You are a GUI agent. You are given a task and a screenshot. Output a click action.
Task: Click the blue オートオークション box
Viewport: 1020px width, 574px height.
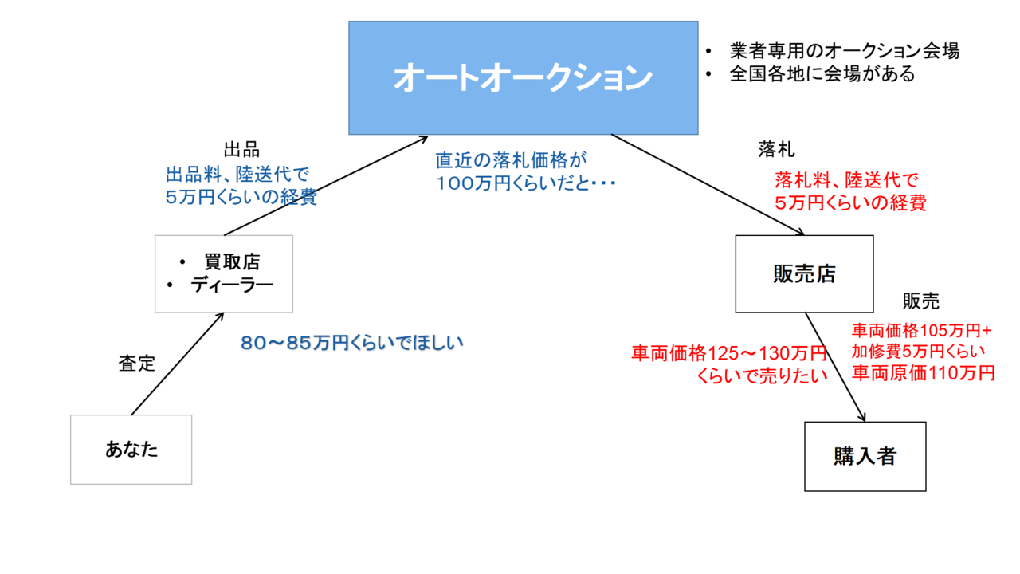pyautogui.click(x=523, y=77)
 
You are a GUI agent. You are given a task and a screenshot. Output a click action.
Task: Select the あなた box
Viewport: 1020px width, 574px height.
pyautogui.click(x=131, y=450)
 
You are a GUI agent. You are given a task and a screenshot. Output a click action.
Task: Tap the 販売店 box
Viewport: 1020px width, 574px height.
pyautogui.click(x=804, y=273)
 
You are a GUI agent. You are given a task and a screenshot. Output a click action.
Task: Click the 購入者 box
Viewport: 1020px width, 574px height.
pyautogui.click(x=865, y=456)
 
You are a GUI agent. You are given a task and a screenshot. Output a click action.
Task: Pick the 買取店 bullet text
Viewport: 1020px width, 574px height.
pyautogui.click(x=232, y=261)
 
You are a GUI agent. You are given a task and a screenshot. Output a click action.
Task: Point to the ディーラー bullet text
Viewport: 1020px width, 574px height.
pyautogui.click(x=232, y=285)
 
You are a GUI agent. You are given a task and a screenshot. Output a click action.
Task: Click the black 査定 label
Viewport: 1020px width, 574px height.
pyautogui.click(x=137, y=364)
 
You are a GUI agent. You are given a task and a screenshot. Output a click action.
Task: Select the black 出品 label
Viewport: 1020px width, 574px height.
pyautogui.click(x=241, y=150)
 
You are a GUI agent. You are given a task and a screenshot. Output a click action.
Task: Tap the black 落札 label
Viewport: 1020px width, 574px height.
pyautogui.click(x=777, y=150)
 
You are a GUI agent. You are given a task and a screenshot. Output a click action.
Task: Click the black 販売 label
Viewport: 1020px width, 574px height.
pyautogui.click(x=920, y=301)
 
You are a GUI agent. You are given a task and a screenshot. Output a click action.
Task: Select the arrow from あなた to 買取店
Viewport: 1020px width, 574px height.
pyautogui.click(x=176, y=364)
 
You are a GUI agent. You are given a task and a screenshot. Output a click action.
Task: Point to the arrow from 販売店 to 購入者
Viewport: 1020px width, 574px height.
pyautogui.click(x=835, y=367)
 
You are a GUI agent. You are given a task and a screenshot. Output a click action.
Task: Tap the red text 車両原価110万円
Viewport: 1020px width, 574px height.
pyautogui.click(x=924, y=372)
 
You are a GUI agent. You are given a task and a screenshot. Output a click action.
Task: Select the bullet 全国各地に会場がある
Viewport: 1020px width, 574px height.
pyautogui.click(x=822, y=75)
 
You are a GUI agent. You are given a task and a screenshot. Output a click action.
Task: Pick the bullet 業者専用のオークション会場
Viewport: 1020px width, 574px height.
pyautogui.click(x=844, y=52)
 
